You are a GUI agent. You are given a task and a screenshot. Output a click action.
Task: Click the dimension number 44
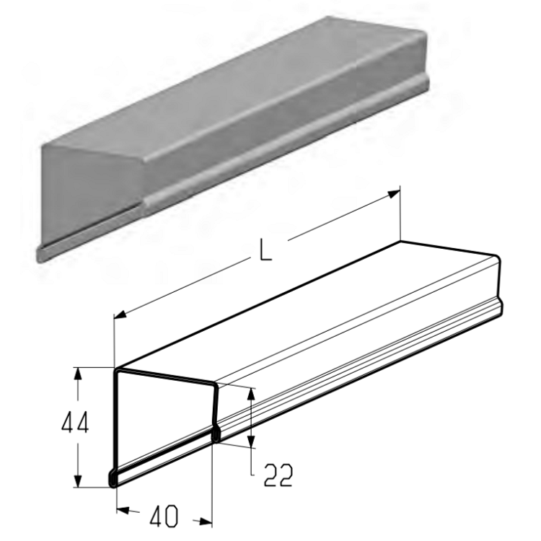tap(75, 422)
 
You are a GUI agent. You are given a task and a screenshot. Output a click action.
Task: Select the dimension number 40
tap(164, 516)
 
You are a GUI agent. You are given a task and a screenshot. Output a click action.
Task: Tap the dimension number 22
tap(278, 475)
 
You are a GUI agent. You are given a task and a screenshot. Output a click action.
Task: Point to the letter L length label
tap(265, 249)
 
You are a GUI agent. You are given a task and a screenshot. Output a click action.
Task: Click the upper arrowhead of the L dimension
tap(394, 194)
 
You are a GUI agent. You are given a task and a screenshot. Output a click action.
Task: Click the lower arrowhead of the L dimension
tap(120, 314)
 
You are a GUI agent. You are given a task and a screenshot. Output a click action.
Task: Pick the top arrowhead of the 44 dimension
tap(79, 374)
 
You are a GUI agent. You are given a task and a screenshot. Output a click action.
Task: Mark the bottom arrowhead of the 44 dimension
tap(79, 480)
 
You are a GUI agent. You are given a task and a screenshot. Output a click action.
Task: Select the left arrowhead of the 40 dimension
tap(123, 509)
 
